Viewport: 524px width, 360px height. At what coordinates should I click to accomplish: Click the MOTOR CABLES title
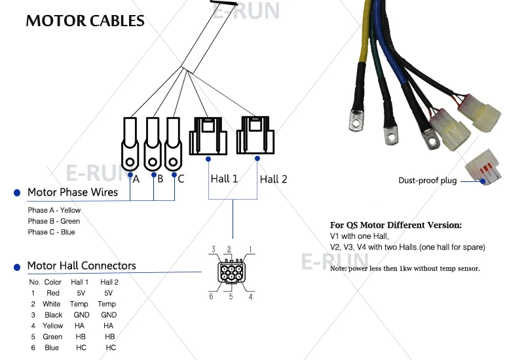pyautogui.click(x=85, y=21)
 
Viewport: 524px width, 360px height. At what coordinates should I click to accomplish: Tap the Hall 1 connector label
pyautogui.click(x=224, y=179)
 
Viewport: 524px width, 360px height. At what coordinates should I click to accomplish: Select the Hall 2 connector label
pyautogui.click(x=273, y=179)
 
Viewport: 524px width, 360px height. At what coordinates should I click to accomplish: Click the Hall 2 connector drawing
pyautogui.click(x=257, y=134)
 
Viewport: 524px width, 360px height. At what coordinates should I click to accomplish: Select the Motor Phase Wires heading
pyautogui.click(x=73, y=192)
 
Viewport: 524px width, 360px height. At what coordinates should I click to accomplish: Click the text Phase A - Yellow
pyautogui.click(x=54, y=210)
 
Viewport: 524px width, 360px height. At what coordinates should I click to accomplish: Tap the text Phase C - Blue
pyautogui.click(x=51, y=232)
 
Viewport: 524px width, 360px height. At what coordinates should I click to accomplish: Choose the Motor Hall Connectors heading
pyautogui.click(x=81, y=266)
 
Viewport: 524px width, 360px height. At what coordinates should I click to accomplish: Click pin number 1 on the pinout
pyautogui.click(x=250, y=249)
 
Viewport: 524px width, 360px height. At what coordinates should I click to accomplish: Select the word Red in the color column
pyautogui.click(x=53, y=293)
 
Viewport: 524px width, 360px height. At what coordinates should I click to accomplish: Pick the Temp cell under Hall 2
pyautogui.click(x=107, y=304)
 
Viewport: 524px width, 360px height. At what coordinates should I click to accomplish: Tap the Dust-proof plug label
pyautogui.click(x=428, y=181)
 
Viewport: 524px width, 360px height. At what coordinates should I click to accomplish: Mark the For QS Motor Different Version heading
pyautogui.click(x=396, y=225)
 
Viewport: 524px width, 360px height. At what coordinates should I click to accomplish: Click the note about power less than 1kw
pyautogui.click(x=405, y=268)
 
